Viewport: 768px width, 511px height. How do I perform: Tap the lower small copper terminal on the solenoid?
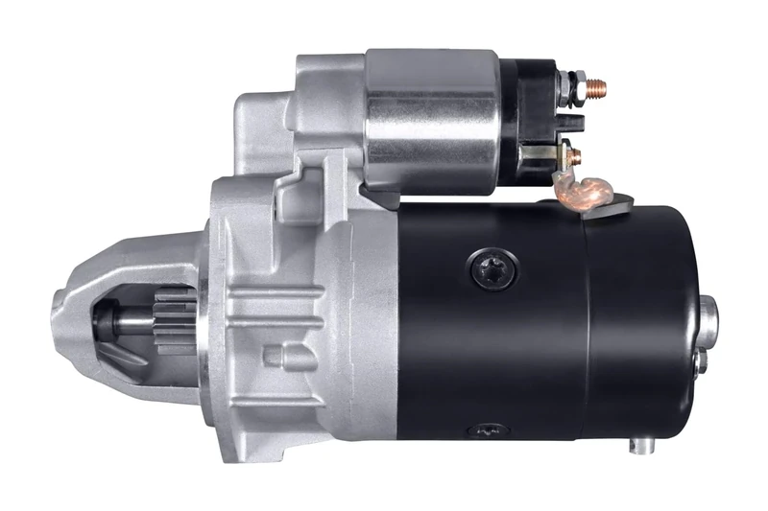click(x=573, y=152)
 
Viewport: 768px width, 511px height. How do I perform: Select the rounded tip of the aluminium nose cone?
click(x=60, y=316)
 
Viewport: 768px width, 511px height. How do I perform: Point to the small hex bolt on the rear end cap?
click(x=702, y=361)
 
